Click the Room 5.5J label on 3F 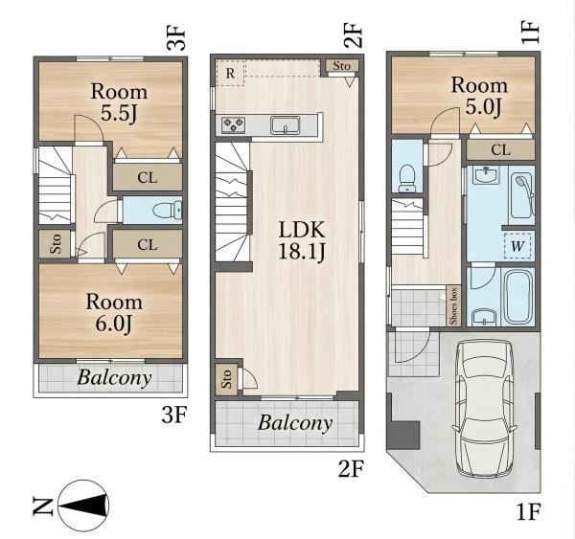tap(119, 102)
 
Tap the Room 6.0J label tap(114, 312)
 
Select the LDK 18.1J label tap(302, 240)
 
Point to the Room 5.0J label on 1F tap(479, 96)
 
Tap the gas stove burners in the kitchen tap(233, 125)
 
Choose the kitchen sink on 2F tap(286, 125)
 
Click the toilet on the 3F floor tap(167, 211)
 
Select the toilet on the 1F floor tap(406, 178)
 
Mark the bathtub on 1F tap(519, 297)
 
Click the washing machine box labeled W tap(517, 246)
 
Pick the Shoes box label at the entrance tap(453, 305)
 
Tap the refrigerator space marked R tap(230, 73)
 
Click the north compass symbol tap(83, 505)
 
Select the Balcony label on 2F tap(295, 423)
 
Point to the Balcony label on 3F tap(114, 378)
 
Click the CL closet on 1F tap(500, 150)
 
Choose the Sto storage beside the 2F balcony tap(226, 379)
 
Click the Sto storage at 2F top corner tap(341, 66)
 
